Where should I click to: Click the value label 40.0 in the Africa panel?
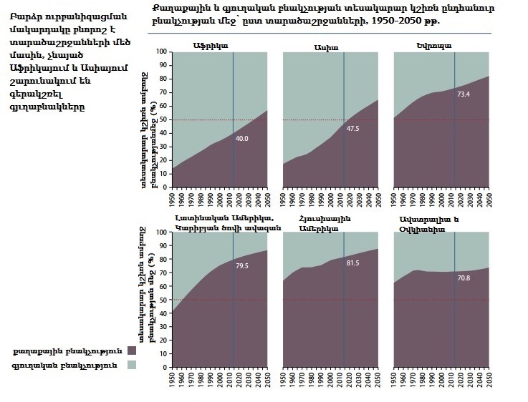[242, 138]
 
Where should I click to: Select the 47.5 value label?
[353, 129]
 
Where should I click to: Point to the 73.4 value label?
[464, 93]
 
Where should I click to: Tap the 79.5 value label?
[242, 265]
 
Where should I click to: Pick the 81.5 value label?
[353, 263]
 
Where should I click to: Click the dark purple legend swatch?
[131, 350]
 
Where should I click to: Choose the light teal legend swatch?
[131, 365]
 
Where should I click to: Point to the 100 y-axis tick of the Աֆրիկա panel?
[161, 52]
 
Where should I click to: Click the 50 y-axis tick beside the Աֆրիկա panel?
[163, 119]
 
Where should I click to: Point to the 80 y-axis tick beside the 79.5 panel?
[163, 260]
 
